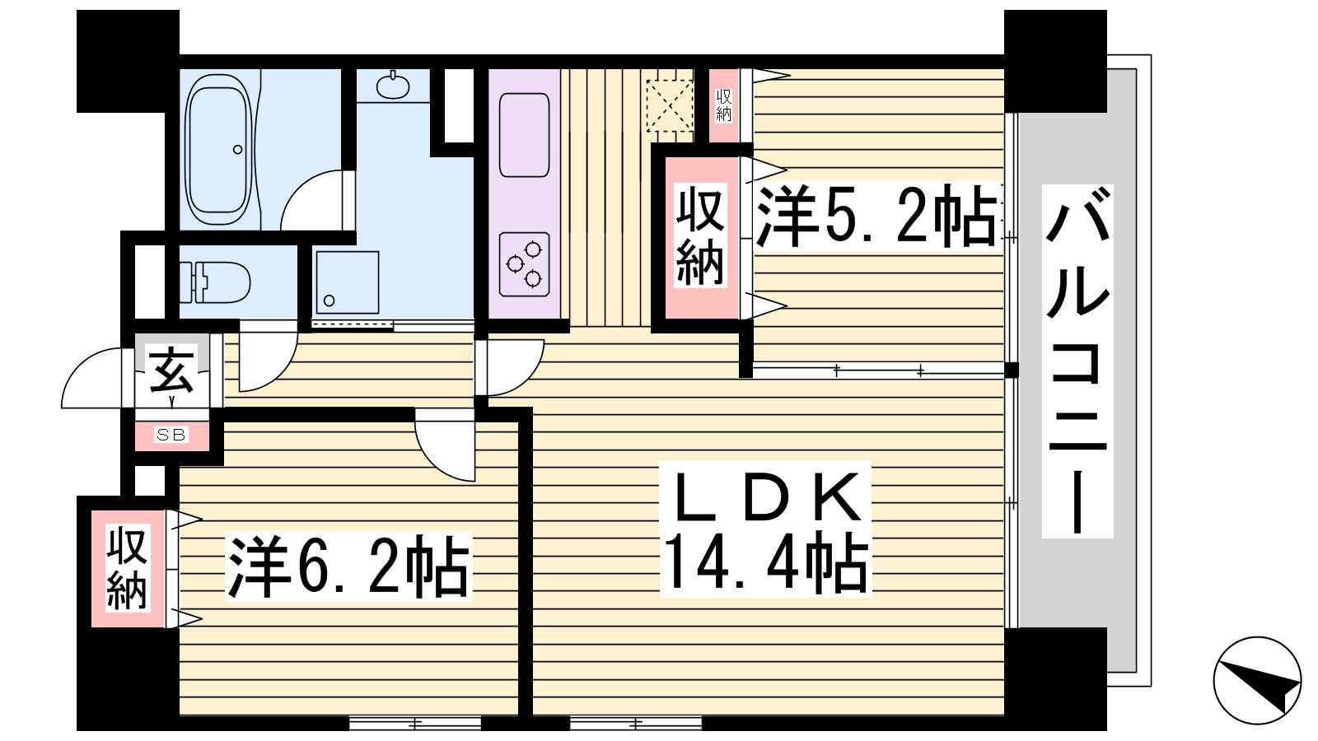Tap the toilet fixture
tap(215, 282)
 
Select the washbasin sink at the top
tap(392, 86)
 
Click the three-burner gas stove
tap(524, 264)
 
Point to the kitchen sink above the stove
tap(524, 135)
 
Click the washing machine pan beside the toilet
tap(347, 283)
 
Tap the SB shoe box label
tap(171, 435)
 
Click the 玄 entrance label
tap(171, 370)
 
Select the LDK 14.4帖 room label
tap(765, 528)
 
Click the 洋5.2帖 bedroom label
tap(876, 216)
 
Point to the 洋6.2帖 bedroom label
tap(348, 566)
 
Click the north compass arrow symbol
tap(1257, 680)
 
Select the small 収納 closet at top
tap(724, 105)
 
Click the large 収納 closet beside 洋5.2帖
tap(700, 237)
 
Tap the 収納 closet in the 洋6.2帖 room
tap(128, 568)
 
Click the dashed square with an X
tap(670, 106)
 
